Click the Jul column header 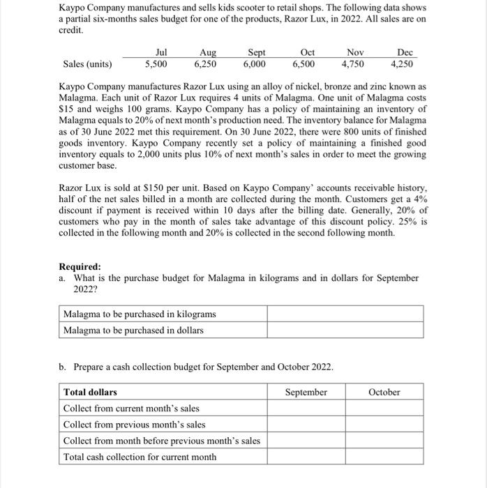click(160, 52)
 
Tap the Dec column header click(405, 52)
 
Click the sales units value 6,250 click(204, 64)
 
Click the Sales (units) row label click(87, 64)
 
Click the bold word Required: click(80, 267)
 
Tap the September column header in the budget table click(306, 392)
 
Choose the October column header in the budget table click(384, 392)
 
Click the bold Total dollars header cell click(91, 392)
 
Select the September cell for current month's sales click(306, 409)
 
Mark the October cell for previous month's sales click(384, 425)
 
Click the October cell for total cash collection click(384, 457)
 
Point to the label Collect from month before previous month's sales click(161, 441)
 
